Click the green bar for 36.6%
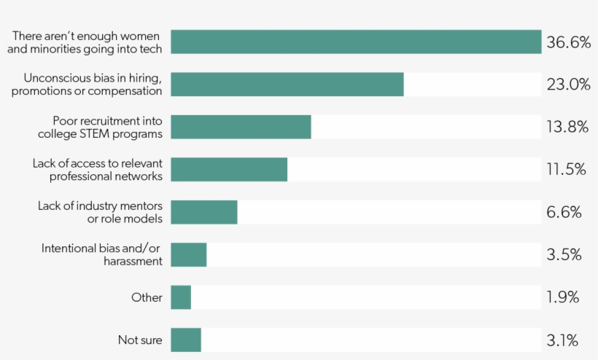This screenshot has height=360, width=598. [x=356, y=42]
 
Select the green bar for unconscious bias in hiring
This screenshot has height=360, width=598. [x=287, y=84]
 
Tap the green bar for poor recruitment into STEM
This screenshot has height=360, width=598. [x=241, y=127]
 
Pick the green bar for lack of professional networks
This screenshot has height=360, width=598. [x=229, y=169]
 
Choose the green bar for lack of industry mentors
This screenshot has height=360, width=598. [x=204, y=212]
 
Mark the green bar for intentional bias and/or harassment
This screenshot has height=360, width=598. [x=189, y=254]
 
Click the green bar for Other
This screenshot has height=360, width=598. [x=181, y=297]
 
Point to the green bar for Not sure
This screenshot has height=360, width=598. [x=186, y=340]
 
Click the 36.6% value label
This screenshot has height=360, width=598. [x=568, y=42]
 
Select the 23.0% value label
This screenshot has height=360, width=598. [x=568, y=85]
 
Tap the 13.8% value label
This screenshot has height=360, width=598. [x=567, y=127]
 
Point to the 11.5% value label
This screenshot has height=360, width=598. [x=567, y=169]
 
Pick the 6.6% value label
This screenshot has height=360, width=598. [x=564, y=212]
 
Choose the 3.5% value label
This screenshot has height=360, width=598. [x=564, y=254]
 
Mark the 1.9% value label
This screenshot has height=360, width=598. [x=563, y=297]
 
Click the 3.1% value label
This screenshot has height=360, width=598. [x=563, y=340]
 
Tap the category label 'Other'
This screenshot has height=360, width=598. [x=147, y=297]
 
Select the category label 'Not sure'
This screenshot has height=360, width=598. [x=140, y=340]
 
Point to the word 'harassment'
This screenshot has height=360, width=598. [x=133, y=261]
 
